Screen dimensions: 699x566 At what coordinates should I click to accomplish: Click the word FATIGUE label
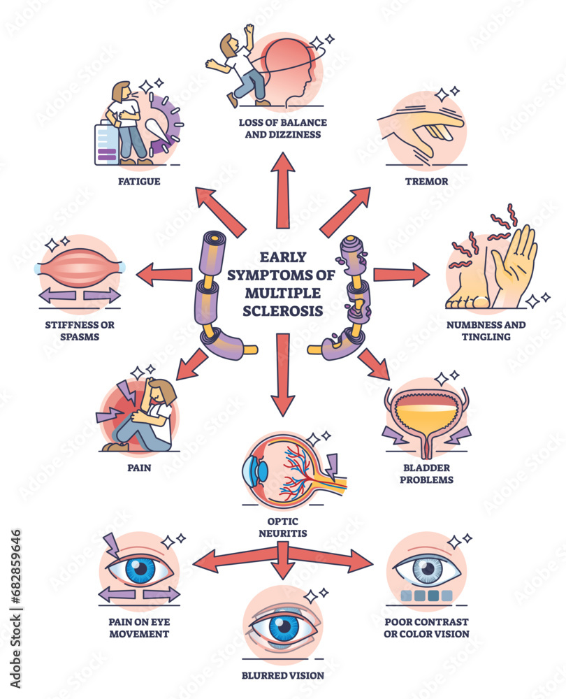pos(139,182)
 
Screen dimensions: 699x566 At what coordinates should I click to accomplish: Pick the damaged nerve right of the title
pos(349,294)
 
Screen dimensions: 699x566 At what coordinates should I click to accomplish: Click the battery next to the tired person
pos(106,143)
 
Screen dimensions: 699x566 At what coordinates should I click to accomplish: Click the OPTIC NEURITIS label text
pos(282,528)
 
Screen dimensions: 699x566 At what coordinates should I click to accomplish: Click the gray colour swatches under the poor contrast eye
pos(423,596)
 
